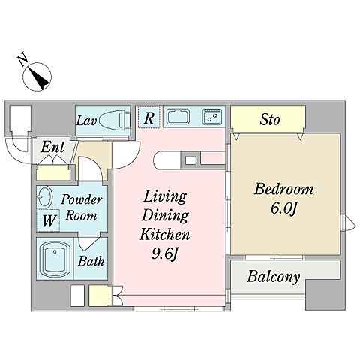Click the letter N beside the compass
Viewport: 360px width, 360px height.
pos(22,59)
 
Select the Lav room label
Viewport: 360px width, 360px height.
pos(86,121)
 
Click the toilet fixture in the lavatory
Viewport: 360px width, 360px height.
pos(115,120)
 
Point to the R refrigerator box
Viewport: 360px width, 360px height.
pos(148,117)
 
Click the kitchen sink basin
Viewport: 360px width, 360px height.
pos(178,116)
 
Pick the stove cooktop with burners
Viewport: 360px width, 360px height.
pos(212,116)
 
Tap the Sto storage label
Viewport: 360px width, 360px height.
pos(270,120)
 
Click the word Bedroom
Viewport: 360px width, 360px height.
pos(283,189)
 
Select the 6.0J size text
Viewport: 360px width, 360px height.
pos(283,208)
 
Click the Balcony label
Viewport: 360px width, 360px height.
pos(273,277)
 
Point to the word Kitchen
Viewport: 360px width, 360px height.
pos(164,235)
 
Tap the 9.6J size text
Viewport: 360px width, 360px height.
pos(165,254)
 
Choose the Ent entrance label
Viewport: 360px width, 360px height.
pos(52,147)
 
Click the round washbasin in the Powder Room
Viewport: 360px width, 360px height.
pos(45,196)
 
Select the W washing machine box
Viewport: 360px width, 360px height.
pos(49,220)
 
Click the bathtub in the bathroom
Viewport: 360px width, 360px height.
pos(55,259)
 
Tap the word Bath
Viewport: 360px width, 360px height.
pos(91,261)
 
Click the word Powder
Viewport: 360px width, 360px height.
pos(82,199)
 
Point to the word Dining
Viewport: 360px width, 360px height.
pos(165,215)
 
